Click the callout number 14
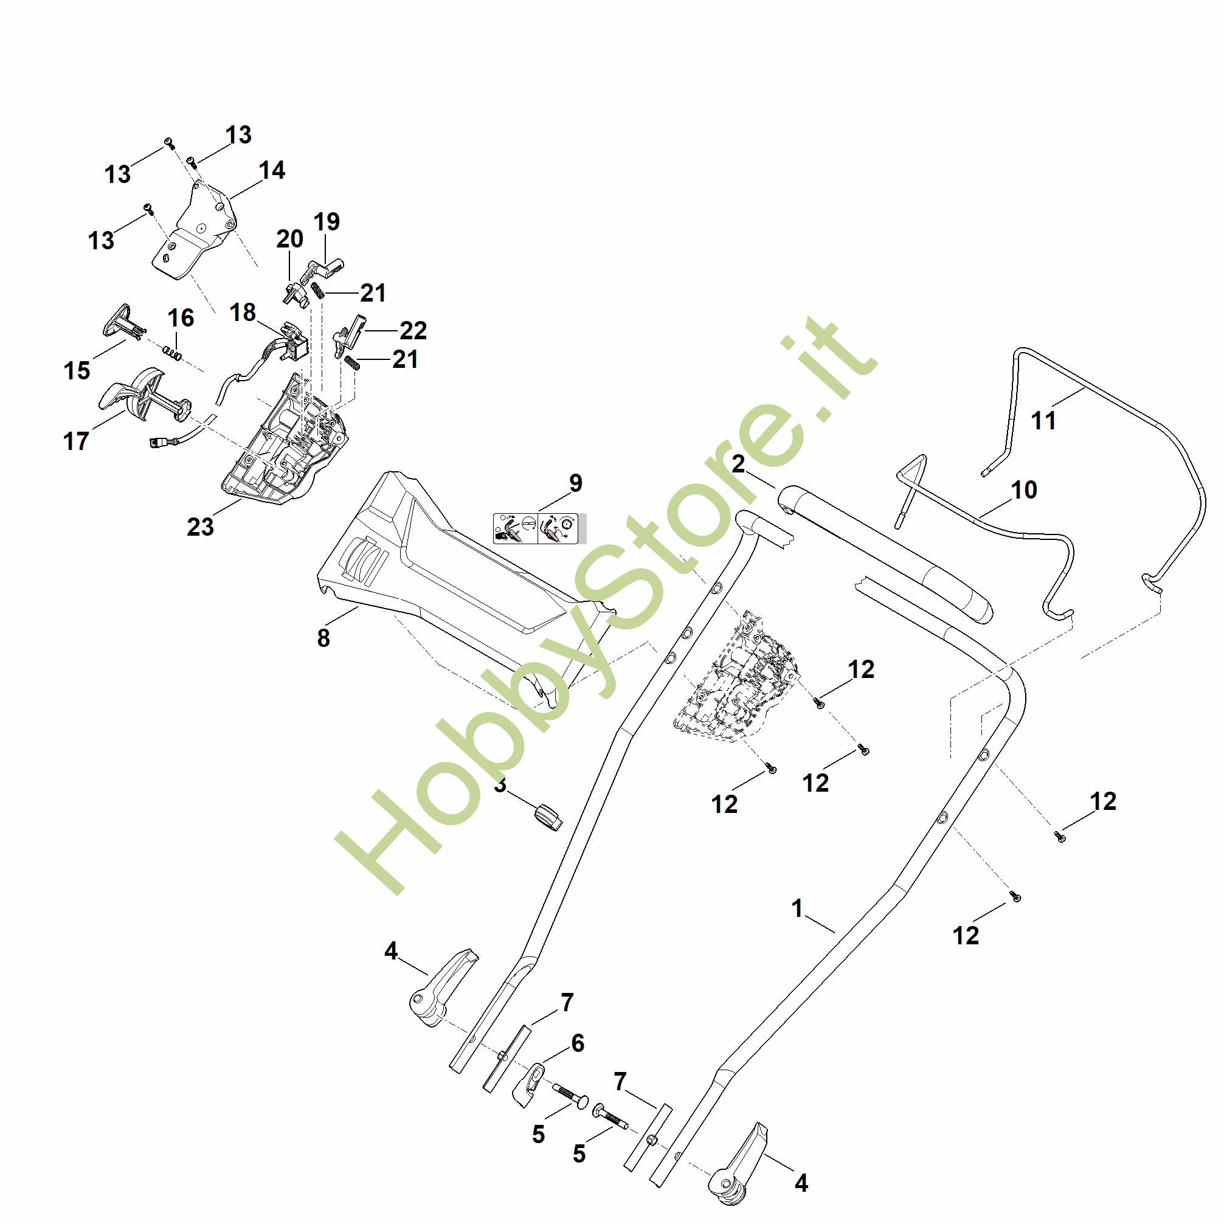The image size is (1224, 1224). (x=272, y=170)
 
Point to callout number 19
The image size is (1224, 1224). (x=327, y=222)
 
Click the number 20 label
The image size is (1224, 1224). (x=289, y=240)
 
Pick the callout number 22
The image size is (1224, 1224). (x=413, y=330)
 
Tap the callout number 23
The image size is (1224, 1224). (x=200, y=527)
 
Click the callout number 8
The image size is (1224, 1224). (x=323, y=638)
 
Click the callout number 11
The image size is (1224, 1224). (x=1044, y=421)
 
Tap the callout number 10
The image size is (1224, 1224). (x=1025, y=489)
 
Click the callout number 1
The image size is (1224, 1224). (x=797, y=909)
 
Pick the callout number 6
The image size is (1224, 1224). (x=577, y=1043)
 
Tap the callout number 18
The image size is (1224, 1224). (x=243, y=313)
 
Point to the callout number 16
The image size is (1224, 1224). (x=181, y=318)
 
